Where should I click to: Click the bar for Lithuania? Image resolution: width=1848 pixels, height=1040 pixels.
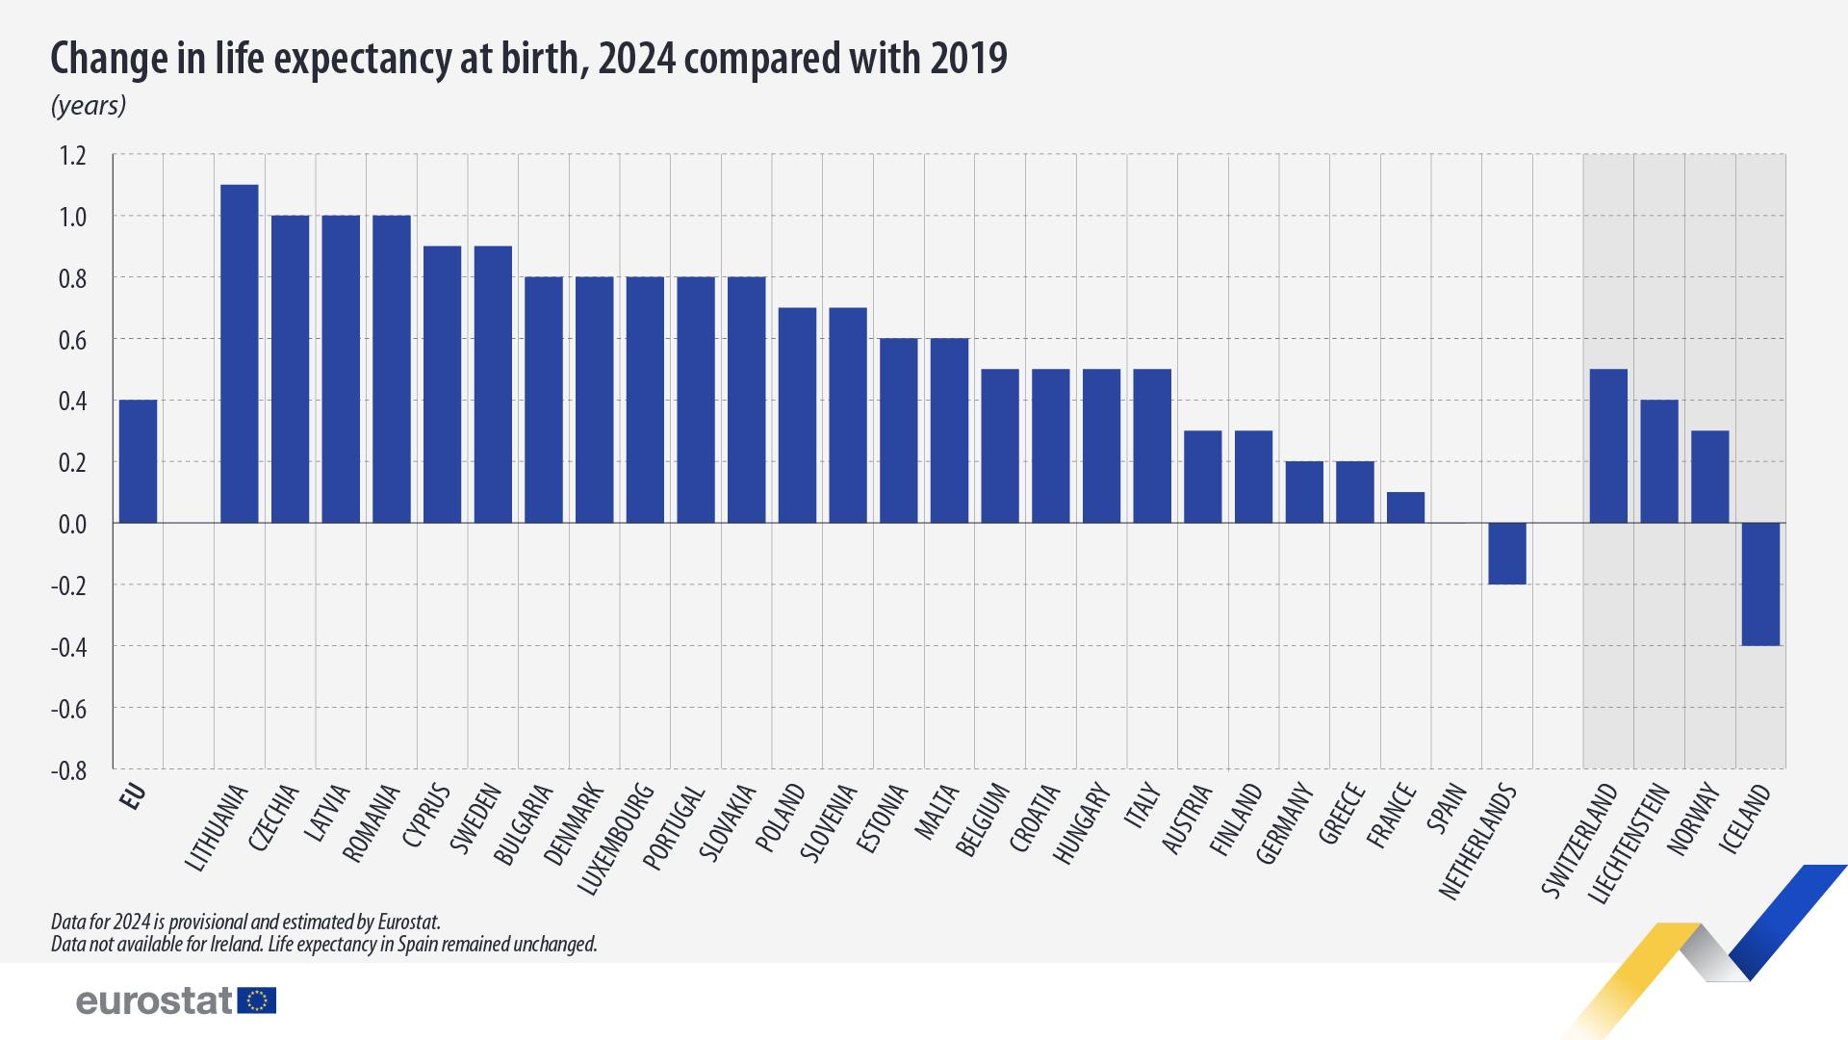(240, 353)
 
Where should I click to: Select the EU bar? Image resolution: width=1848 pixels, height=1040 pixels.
(138, 461)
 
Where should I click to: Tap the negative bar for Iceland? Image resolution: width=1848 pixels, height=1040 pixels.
(1760, 584)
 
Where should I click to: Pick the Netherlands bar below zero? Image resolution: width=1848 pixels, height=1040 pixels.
(1507, 554)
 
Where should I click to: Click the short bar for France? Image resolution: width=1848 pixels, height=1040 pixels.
(1405, 507)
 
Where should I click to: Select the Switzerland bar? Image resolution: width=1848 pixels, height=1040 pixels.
(1608, 446)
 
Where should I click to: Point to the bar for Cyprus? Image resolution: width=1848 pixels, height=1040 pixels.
(443, 384)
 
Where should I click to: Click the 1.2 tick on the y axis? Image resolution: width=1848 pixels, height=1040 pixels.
(72, 155)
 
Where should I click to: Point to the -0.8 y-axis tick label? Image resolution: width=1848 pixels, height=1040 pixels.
(68, 770)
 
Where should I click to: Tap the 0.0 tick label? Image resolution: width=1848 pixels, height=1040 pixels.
(72, 524)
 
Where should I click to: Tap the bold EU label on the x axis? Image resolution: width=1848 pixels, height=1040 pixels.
(133, 796)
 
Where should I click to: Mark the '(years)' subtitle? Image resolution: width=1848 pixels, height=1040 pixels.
(89, 105)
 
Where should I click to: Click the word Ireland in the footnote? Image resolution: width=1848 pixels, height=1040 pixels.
(236, 944)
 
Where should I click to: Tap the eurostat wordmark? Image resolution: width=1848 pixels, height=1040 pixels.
(154, 1001)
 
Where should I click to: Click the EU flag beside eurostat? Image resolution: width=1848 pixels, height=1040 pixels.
(257, 1001)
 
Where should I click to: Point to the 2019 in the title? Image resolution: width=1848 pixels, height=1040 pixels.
(969, 60)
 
